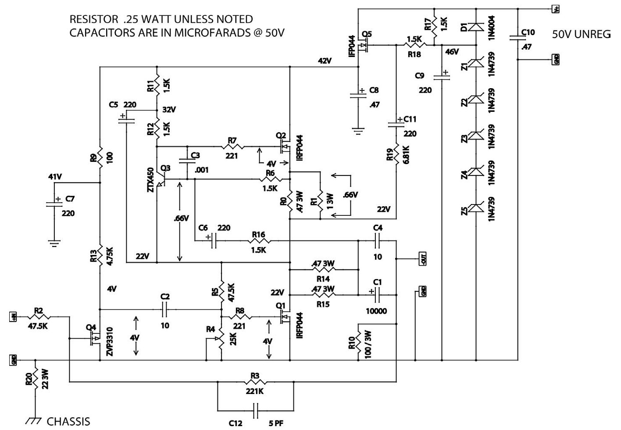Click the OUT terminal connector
[x=423, y=259]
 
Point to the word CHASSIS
[x=68, y=422]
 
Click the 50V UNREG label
[x=581, y=35]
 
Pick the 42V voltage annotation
[x=325, y=61]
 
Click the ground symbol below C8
[x=359, y=130]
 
